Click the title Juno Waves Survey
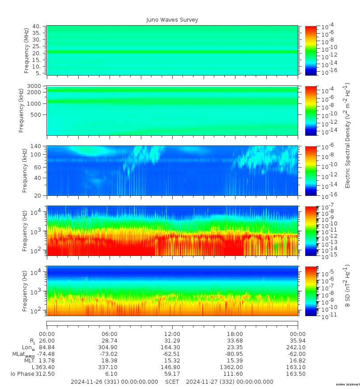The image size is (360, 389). click(172, 20)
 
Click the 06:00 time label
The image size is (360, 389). click(110, 334)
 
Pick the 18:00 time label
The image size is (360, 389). click(235, 334)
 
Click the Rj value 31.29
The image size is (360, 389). click(172, 341)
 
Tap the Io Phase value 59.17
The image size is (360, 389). click(172, 374)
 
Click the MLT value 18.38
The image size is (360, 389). click(110, 361)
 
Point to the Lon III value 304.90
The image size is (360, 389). click(110, 347)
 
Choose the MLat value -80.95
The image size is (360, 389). click(234, 354)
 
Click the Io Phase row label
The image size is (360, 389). click(23, 374)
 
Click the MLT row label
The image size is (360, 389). click(29, 361)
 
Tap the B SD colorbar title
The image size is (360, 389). click(348, 286)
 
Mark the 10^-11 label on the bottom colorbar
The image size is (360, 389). click(327, 316)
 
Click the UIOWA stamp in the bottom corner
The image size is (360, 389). click(348, 385)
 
